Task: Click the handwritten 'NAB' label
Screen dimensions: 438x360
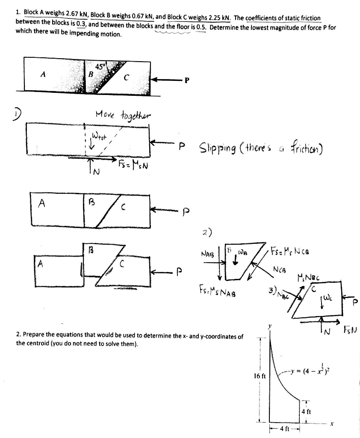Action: click(208, 254)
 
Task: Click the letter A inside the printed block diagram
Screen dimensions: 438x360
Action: click(42, 74)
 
